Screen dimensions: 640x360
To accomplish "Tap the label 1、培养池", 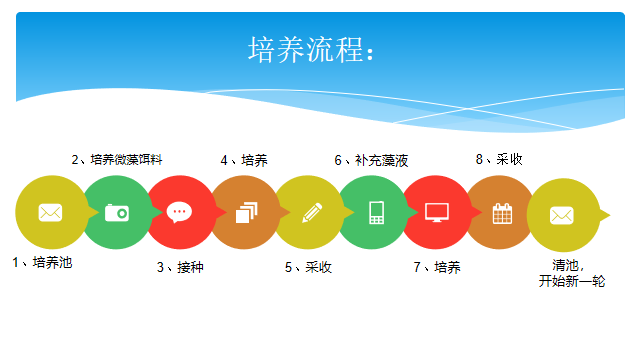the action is click(42, 262).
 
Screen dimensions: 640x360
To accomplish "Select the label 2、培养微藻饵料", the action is click(117, 159).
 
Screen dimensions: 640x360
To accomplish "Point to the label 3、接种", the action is click(180, 267).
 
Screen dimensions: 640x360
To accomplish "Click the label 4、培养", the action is click(244, 160).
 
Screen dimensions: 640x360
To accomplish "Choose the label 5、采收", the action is click(308, 267).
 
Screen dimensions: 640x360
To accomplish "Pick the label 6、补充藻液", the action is click(371, 160).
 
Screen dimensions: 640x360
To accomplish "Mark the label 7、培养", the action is click(437, 267).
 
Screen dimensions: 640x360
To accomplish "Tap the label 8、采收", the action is click(499, 159).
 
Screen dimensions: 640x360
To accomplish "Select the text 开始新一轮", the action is click(572, 281).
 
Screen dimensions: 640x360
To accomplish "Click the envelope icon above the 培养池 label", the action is click(50, 213).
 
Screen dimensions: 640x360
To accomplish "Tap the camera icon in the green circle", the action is click(117, 213).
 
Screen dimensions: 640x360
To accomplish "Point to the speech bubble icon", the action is click(179, 212).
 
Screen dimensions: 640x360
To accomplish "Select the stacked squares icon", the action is click(247, 212).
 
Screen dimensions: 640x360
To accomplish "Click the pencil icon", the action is click(312, 213).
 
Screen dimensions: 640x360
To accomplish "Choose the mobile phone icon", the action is click(376, 213).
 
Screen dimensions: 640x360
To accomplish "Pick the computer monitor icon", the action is click(437, 212).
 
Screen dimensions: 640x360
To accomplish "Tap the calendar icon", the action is click(502, 213).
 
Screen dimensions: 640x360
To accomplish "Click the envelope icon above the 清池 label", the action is click(562, 216).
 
